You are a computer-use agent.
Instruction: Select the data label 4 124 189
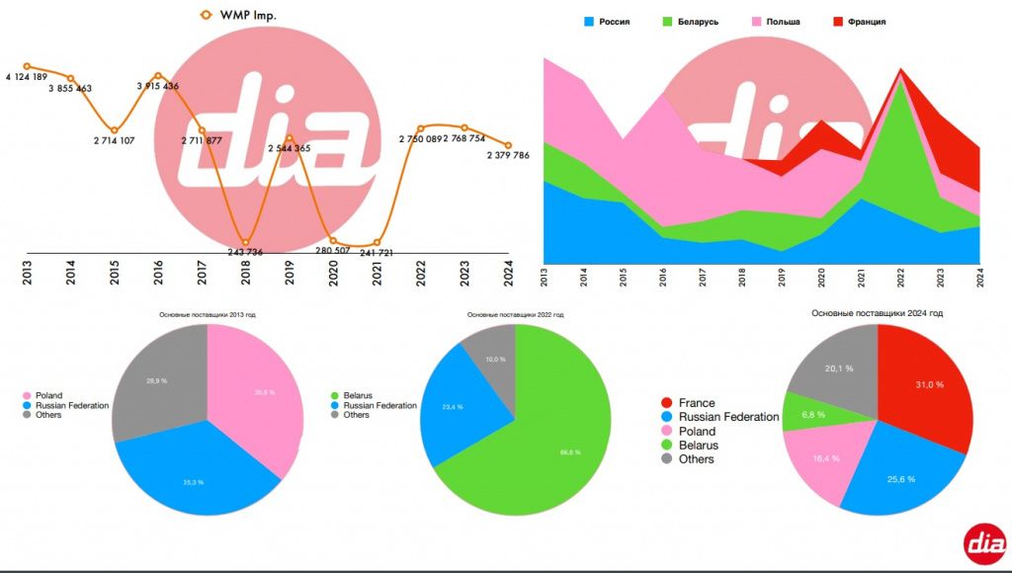click(27, 77)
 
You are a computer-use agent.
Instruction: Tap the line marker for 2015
click(115, 129)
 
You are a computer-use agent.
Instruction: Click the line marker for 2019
click(289, 138)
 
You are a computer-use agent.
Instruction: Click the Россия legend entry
click(607, 21)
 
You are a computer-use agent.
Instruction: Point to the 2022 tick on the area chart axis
click(900, 277)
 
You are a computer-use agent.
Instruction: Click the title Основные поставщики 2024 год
click(877, 313)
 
